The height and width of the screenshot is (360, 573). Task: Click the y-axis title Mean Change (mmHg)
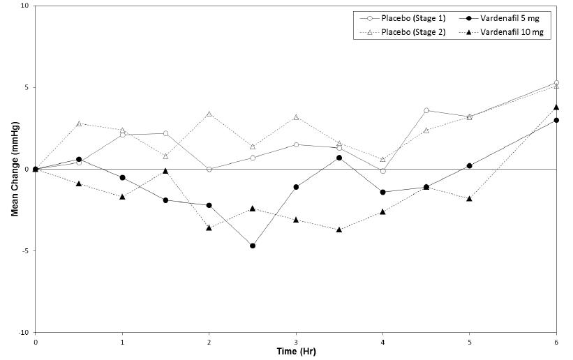14,170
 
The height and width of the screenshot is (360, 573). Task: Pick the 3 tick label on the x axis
296,342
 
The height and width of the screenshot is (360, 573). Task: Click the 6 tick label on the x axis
556,342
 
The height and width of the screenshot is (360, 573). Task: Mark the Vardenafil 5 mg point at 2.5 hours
253,246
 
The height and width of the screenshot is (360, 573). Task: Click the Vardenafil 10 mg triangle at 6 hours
556,107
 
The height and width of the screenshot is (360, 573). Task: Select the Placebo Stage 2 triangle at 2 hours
209,114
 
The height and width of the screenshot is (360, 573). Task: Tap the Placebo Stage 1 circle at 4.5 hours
426,110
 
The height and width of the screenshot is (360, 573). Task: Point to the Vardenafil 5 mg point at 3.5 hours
339,158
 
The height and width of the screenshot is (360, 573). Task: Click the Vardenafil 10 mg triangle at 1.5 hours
165,171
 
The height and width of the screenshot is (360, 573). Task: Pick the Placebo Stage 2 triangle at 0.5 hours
79,123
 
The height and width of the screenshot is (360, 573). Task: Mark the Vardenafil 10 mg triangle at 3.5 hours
339,230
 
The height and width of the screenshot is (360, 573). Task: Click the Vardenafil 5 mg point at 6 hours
556,120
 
